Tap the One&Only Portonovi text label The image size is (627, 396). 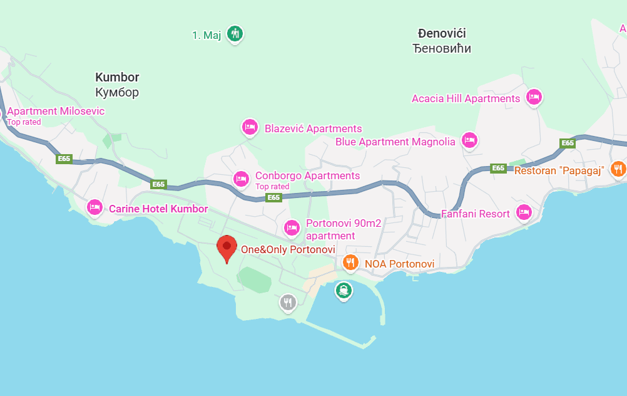(288, 249)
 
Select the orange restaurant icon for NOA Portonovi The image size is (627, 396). (350, 263)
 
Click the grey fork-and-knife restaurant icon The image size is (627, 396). (287, 303)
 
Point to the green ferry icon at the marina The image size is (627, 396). (343, 290)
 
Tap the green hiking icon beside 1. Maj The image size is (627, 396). (235, 33)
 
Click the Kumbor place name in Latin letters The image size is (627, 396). (117, 77)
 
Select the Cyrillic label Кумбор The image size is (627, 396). (117, 93)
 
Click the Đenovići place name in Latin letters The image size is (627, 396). (442, 34)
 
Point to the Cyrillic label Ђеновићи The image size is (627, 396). (442, 49)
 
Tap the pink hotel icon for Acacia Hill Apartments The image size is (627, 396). (533, 97)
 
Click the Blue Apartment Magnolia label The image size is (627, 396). (395, 142)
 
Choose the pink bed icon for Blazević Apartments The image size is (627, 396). (250, 127)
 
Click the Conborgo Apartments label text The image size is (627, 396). (307, 175)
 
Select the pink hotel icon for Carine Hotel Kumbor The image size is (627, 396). (94, 207)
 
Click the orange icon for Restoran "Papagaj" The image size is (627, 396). (618, 168)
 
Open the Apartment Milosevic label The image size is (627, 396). (56, 112)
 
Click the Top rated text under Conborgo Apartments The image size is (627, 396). (272, 187)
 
